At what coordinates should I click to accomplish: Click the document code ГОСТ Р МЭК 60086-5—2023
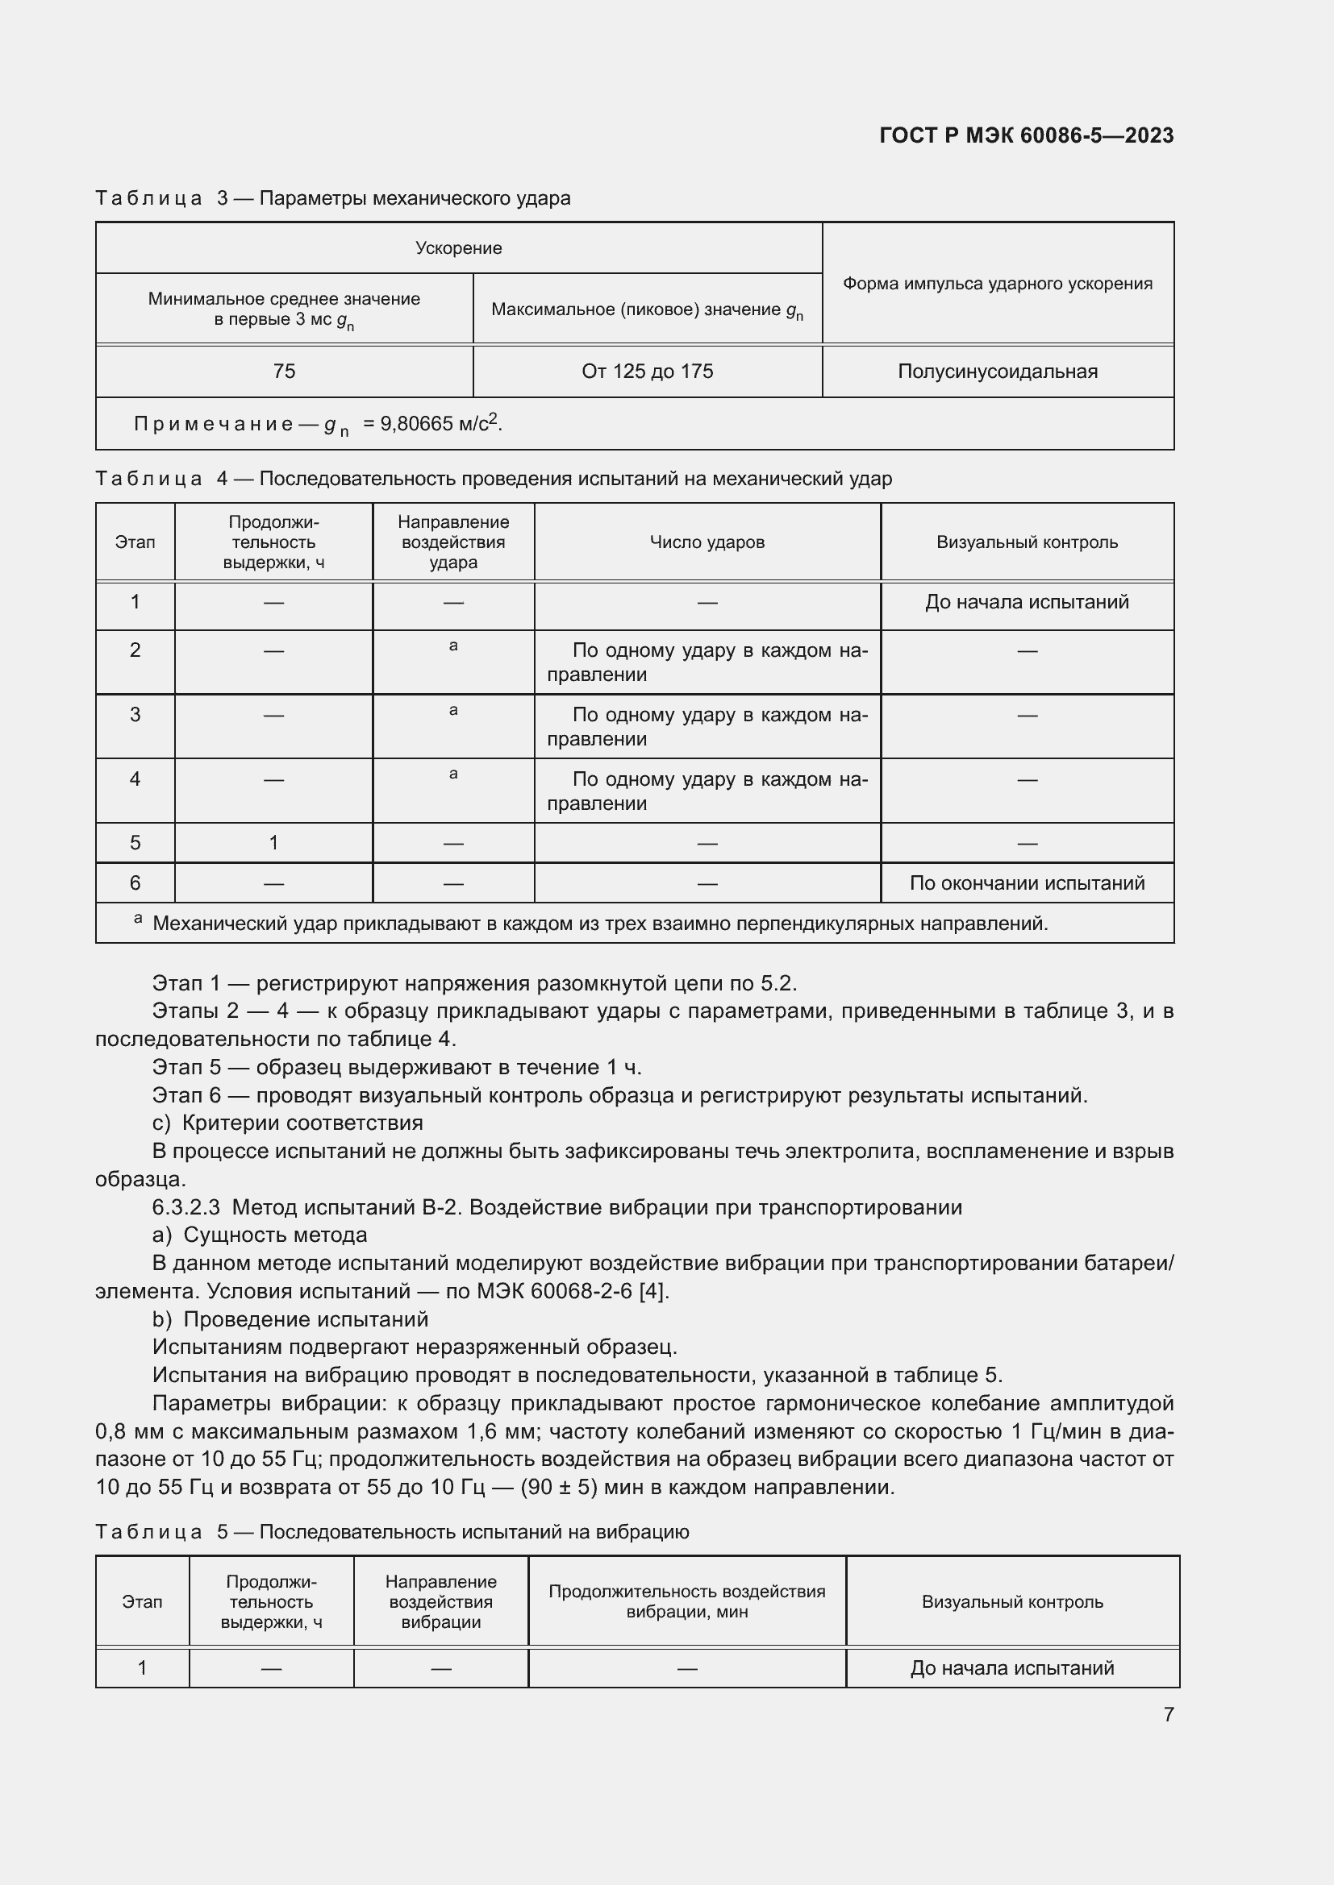click(x=1026, y=135)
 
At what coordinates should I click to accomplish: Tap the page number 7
click(x=1168, y=1714)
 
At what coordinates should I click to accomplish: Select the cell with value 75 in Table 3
click(x=284, y=371)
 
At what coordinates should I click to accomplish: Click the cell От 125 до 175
click(x=648, y=371)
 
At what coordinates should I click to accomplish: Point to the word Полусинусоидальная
click(x=997, y=371)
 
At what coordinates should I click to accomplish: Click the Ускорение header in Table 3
click(x=458, y=248)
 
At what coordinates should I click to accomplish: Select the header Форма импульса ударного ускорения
click(x=997, y=283)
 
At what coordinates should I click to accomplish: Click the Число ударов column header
click(x=707, y=542)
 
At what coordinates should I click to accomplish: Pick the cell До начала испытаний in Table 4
click(x=1027, y=602)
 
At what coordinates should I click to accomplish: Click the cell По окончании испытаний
click(x=1027, y=882)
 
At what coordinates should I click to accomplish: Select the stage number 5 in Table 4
click(x=135, y=842)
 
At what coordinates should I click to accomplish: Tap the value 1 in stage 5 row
click(x=273, y=842)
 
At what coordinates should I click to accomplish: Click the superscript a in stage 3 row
click(x=453, y=710)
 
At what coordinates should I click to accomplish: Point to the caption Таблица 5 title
click(x=392, y=1531)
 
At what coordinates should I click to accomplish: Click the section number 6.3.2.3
click(x=186, y=1207)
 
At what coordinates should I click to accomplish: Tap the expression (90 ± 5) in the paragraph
click(x=559, y=1487)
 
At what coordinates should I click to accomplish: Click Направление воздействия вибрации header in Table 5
click(x=440, y=1601)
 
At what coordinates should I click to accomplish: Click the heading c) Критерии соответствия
click(x=287, y=1123)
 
